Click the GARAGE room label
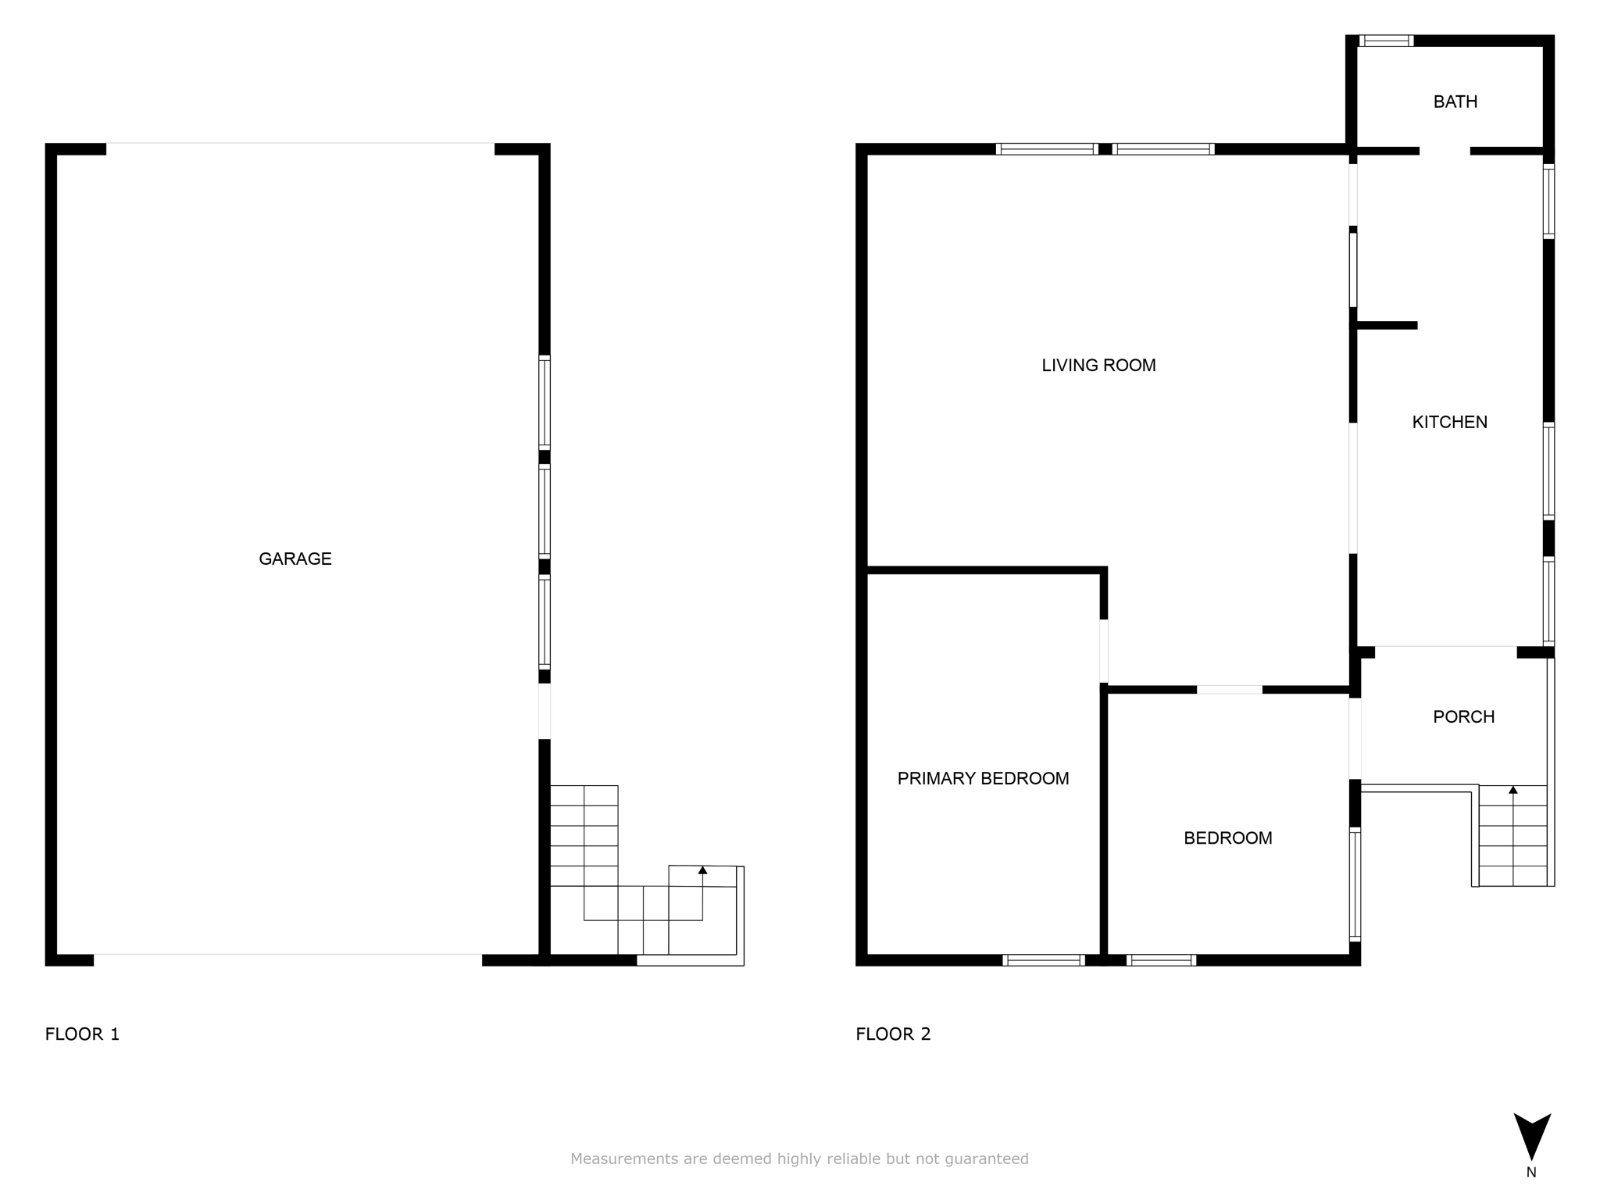click(x=295, y=559)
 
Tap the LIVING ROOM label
click(x=1098, y=365)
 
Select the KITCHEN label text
click(x=1449, y=422)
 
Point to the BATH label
click(x=1455, y=102)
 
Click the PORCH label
click(x=1463, y=716)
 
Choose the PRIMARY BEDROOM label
click(x=983, y=778)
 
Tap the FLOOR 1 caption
click(x=82, y=1034)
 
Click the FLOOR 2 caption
click(x=893, y=1034)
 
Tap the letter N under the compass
click(x=1531, y=1172)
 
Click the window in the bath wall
click(x=1386, y=41)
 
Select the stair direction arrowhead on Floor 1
click(x=702, y=870)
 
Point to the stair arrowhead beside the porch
click(x=1513, y=790)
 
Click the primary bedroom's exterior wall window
click(x=1044, y=960)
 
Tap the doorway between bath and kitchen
click(x=1445, y=151)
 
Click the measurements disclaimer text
click(x=799, y=1159)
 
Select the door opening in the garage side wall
click(x=545, y=711)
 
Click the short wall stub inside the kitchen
click(x=1387, y=325)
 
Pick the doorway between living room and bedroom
click(x=1229, y=689)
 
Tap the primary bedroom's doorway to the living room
click(x=1104, y=651)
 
